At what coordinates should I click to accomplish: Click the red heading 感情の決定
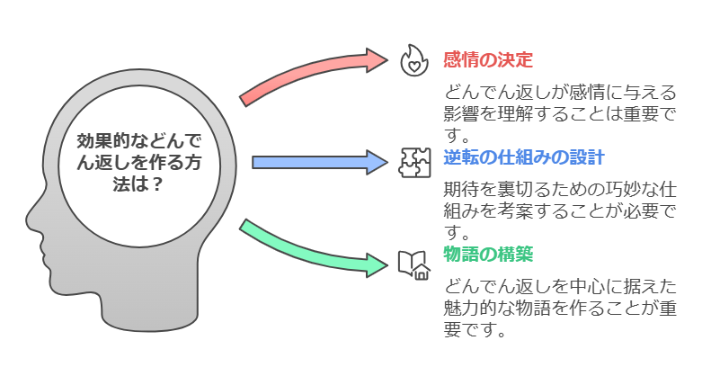click(x=488, y=60)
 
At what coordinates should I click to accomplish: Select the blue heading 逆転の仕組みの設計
click(x=524, y=157)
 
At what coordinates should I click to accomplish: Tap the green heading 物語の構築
click(x=488, y=255)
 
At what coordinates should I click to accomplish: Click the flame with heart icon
click(x=414, y=60)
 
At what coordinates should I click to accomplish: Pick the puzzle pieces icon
click(x=414, y=163)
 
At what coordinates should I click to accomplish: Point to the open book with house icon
click(x=414, y=265)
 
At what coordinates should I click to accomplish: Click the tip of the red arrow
click(x=387, y=59)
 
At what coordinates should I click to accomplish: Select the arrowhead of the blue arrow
click(x=378, y=162)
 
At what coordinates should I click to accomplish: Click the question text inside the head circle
click(x=138, y=162)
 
